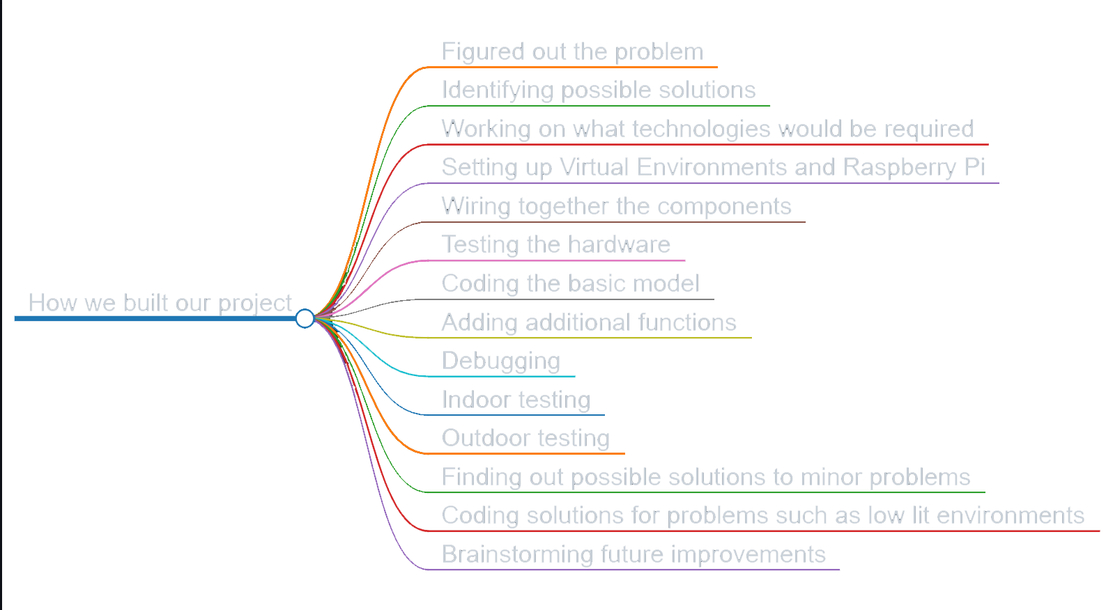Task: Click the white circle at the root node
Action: coord(305,318)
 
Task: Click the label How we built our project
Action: coord(160,303)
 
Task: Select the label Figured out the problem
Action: coord(572,52)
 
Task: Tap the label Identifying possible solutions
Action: coord(598,90)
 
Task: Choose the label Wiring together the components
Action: coord(616,206)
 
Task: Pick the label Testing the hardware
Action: coord(555,244)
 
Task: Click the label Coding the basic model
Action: coord(569,283)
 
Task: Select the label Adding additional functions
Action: coord(589,322)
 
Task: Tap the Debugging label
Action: coord(500,361)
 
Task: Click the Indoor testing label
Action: coord(516,400)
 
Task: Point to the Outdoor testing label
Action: coord(525,438)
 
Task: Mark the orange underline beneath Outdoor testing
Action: coord(530,454)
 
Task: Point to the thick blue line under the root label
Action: coord(153,319)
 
